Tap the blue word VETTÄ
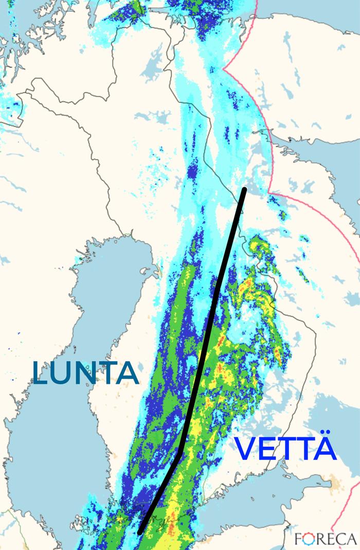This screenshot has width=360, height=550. tap(286, 449)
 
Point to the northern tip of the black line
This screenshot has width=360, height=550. tap(244, 189)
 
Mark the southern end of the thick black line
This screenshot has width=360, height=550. tap(140, 531)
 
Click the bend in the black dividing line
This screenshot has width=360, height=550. tap(180, 452)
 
